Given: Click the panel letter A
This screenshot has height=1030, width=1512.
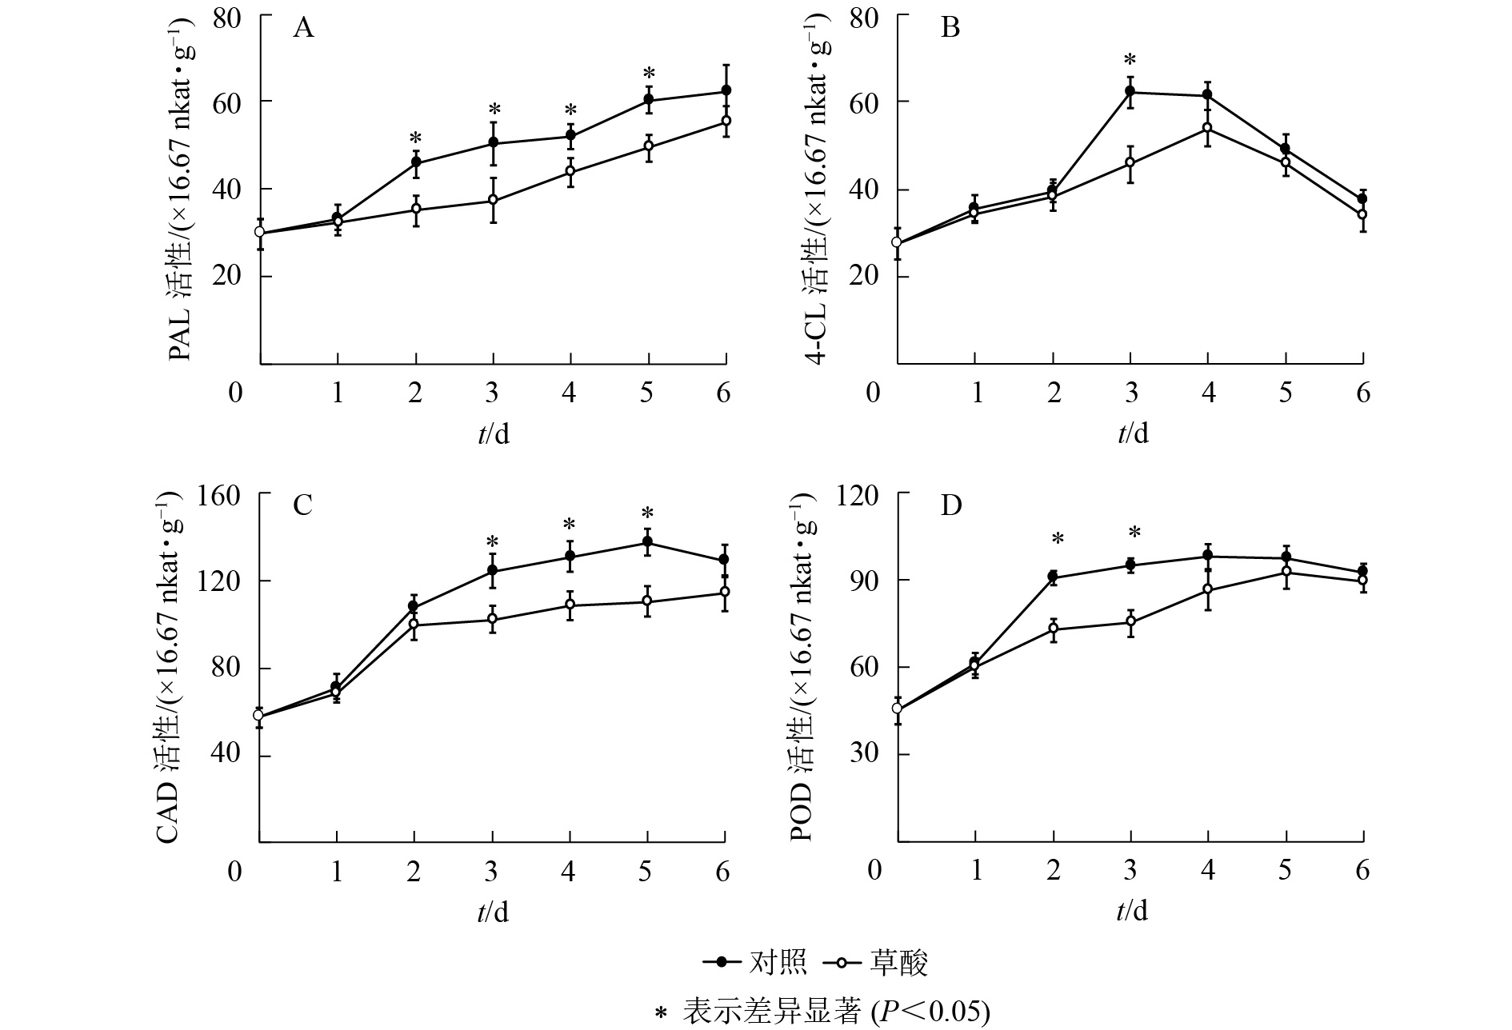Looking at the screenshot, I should tap(303, 29).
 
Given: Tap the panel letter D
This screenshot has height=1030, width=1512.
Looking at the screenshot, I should tap(950, 506).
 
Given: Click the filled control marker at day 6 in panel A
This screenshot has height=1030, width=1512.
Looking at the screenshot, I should tap(726, 90).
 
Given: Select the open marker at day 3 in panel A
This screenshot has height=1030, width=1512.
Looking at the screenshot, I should tap(494, 200).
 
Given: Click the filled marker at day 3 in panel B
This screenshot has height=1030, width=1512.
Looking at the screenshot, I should tap(1130, 92).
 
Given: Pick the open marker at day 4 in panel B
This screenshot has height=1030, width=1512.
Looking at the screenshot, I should tap(1207, 128).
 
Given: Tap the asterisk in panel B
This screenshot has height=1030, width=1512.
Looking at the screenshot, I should tap(1130, 61).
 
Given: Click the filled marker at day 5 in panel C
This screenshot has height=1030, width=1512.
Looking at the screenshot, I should tap(647, 543).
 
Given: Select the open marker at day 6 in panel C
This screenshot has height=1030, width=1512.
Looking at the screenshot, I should tap(725, 593).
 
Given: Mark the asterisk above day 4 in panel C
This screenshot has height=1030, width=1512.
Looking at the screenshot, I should tap(570, 525).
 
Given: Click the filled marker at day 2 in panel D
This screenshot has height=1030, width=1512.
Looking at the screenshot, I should tap(1053, 577).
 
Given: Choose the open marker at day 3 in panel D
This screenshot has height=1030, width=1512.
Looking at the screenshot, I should tap(1130, 621).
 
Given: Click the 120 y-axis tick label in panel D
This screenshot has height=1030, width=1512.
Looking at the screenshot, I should tap(858, 496).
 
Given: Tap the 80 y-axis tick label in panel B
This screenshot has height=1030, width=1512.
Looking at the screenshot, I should tap(865, 16).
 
